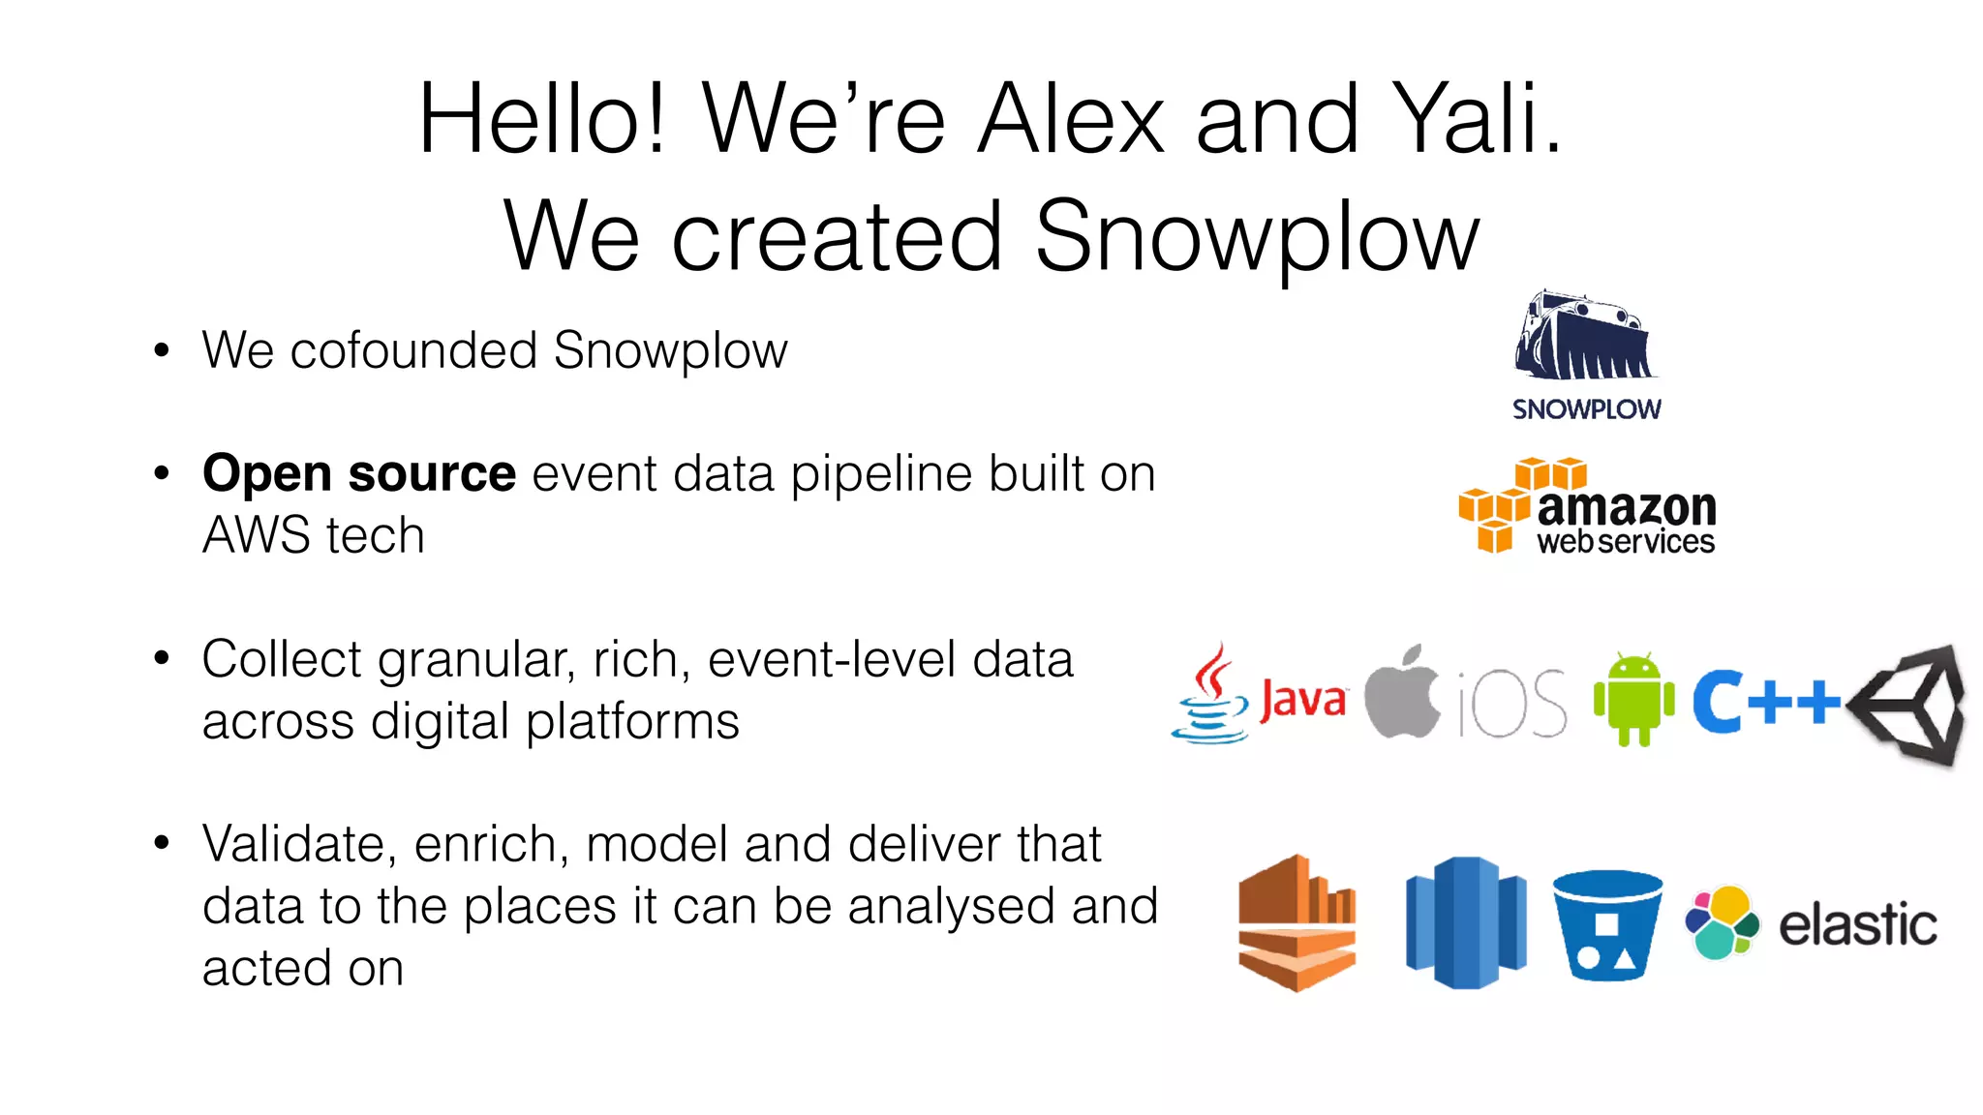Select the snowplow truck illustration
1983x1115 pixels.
(1584, 336)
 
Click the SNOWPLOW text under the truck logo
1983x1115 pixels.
(1586, 409)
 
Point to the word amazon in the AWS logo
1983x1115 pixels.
(1626, 507)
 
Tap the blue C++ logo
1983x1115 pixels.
(1765, 701)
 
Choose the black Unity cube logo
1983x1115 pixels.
(1909, 705)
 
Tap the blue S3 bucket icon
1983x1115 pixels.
(1607, 925)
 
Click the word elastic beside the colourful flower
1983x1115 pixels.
(1857, 924)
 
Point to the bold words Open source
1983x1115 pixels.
(359, 473)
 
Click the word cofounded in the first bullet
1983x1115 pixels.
(413, 350)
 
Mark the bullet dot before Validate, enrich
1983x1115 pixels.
(162, 843)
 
